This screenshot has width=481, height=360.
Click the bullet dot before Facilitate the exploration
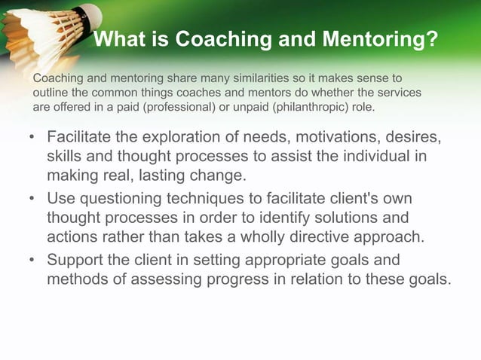point(32,139)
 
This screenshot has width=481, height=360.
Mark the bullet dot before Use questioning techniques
point(32,200)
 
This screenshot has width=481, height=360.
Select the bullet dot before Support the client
point(32,261)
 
